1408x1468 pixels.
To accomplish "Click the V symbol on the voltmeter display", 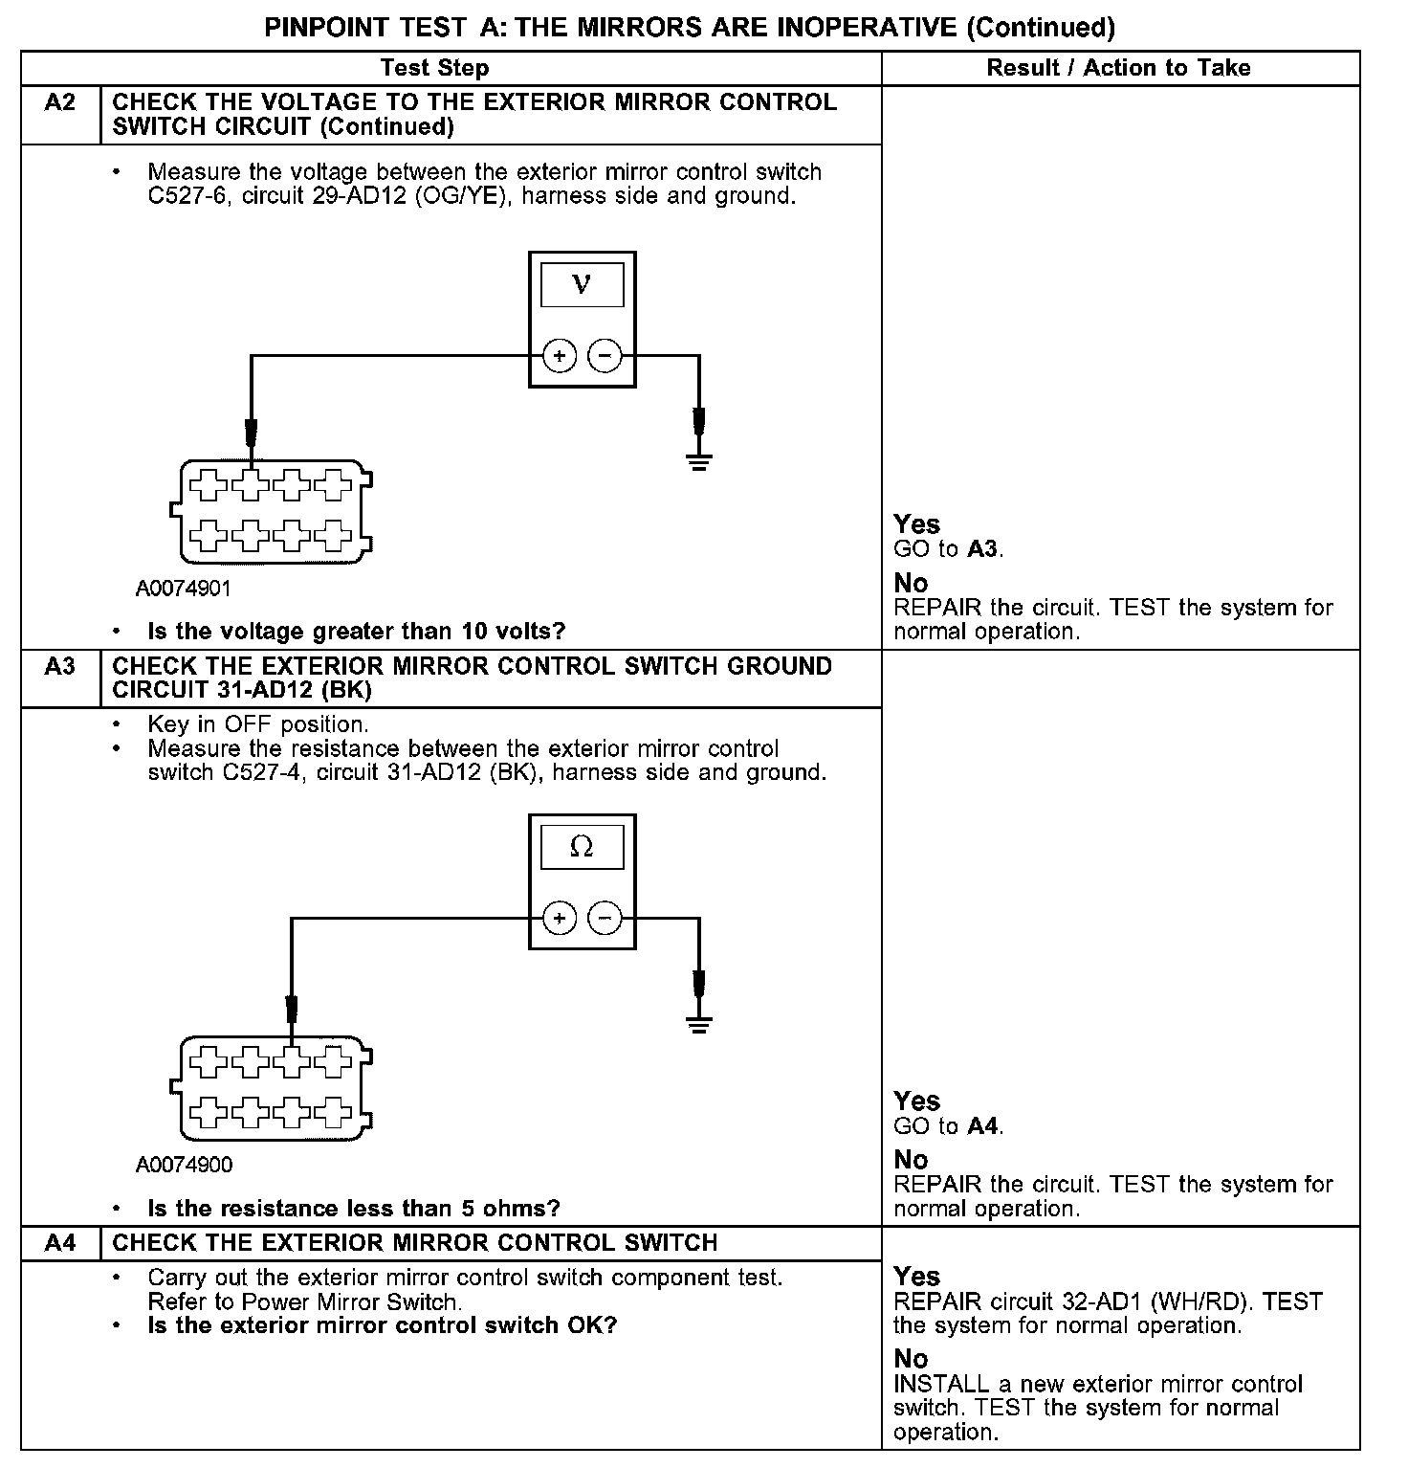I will pyautogui.click(x=582, y=284).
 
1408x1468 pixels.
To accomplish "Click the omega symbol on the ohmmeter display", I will pyautogui.click(x=582, y=847).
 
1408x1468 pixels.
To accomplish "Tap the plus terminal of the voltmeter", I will pyautogui.click(x=560, y=357).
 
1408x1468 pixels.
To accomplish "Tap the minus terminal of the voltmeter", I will pyautogui.click(x=605, y=357).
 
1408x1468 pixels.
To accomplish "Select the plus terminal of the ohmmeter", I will pyautogui.click(x=560, y=920).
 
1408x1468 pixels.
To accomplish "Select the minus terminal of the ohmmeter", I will pyautogui.click(x=605, y=920).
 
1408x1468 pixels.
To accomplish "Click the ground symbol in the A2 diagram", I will pyautogui.click(x=699, y=463).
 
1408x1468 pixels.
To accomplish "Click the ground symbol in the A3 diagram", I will pyautogui.click(x=699, y=1026).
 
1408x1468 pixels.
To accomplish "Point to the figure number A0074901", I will pyautogui.click(x=184, y=588).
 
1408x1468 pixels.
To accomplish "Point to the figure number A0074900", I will pyautogui.click(x=184, y=1165).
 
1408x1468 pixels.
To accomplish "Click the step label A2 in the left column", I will pyautogui.click(x=60, y=102).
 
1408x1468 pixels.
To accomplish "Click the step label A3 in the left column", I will pyautogui.click(x=60, y=666).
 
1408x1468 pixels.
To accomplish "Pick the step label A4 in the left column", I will pyautogui.click(x=60, y=1243).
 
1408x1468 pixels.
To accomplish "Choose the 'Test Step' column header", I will pyautogui.click(x=434, y=68).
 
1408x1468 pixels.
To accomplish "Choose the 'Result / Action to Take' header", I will pyautogui.click(x=1118, y=68).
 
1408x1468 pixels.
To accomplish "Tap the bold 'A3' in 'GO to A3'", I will pyautogui.click(x=983, y=549).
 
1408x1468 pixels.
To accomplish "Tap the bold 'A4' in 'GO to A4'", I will pyautogui.click(x=983, y=1126).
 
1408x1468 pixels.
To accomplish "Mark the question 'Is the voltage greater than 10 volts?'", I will pyautogui.click(x=356, y=632).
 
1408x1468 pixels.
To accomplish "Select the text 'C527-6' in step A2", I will pyautogui.click(x=184, y=197).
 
